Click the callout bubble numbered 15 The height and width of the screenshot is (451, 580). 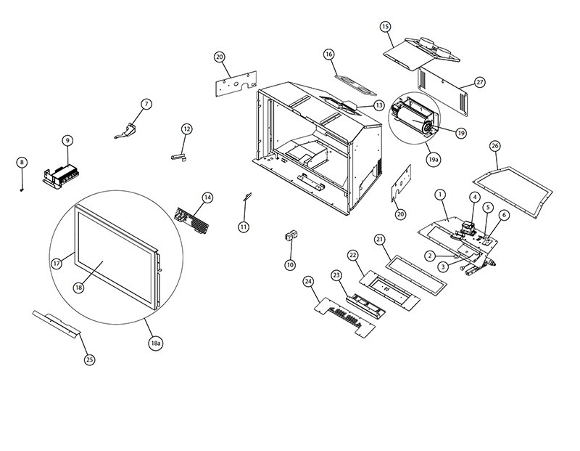(385, 27)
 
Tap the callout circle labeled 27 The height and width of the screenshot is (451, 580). (480, 82)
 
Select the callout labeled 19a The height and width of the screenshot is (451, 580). (433, 158)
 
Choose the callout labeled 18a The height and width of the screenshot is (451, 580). (155, 344)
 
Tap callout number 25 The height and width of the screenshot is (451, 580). (90, 359)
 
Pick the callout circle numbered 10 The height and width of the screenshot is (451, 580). (290, 265)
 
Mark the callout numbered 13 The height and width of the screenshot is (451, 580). (379, 105)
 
